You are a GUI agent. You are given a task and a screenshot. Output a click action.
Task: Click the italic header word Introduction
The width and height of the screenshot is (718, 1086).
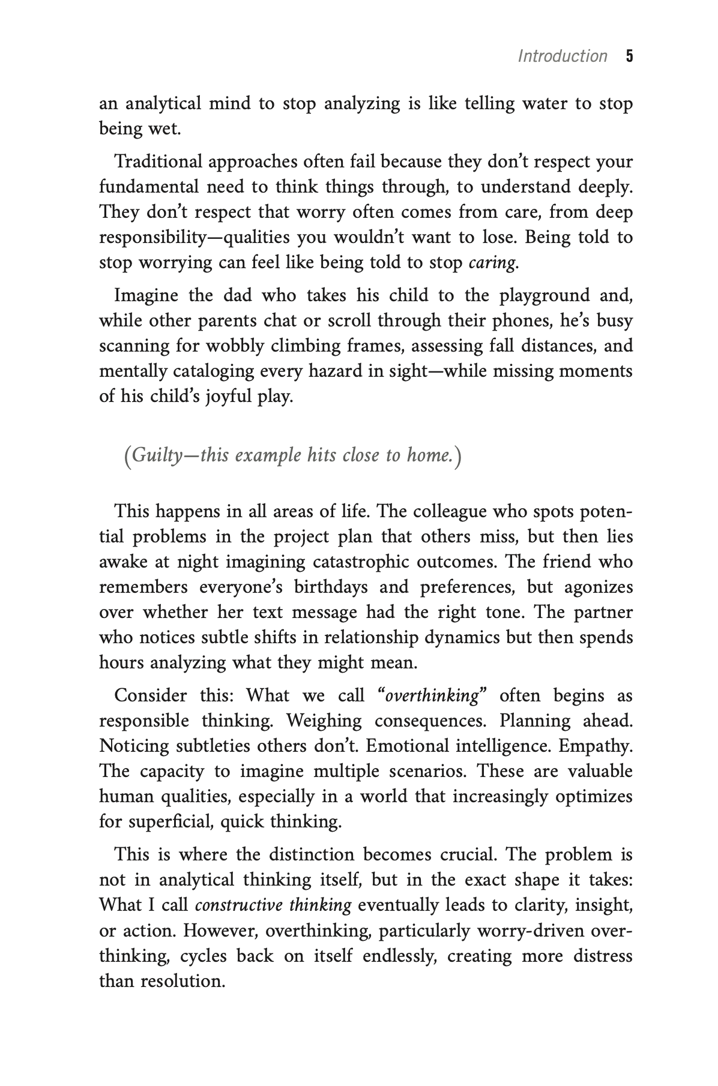click(x=562, y=56)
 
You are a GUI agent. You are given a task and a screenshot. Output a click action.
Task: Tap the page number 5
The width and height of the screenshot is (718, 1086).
click(x=629, y=56)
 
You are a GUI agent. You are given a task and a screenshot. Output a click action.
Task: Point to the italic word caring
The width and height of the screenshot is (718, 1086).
click(x=492, y=263)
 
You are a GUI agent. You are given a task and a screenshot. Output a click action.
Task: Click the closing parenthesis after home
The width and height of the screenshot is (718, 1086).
click(x=457, y=457)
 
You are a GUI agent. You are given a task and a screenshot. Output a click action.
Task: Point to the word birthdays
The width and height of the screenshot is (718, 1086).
click(x=331, y=587)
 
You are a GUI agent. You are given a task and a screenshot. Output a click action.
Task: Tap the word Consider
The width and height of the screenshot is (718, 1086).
click(x=150, y=696)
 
